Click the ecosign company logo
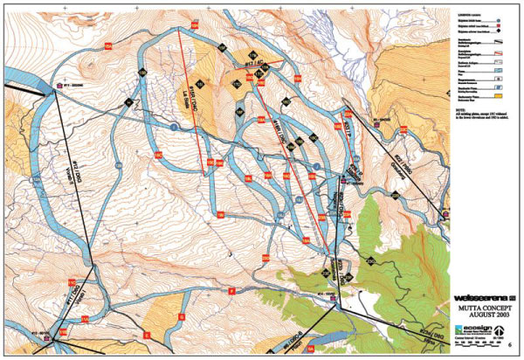pos(479,332)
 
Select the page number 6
pos(509,347)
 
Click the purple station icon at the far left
pos(59,85)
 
